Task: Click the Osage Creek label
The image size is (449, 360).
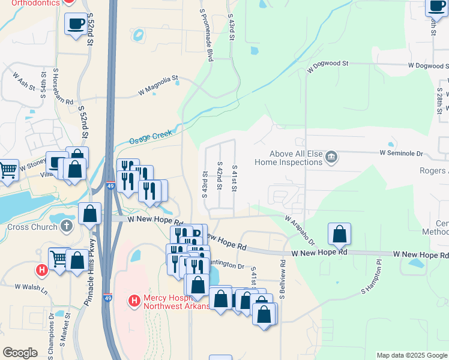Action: (x=151, y=137)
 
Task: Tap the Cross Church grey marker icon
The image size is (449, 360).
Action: (x=67, y=227)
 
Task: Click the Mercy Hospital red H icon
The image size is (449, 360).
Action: (x=134, y=299)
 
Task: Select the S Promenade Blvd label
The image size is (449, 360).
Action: (x=206, y=37)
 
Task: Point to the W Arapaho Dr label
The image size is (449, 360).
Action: (x=300, y=231)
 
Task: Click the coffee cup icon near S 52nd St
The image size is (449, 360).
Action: (x=76, y=23)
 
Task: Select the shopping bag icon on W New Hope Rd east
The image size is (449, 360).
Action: (x=339, y=233)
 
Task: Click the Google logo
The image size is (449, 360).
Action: (x=20, y=353)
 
